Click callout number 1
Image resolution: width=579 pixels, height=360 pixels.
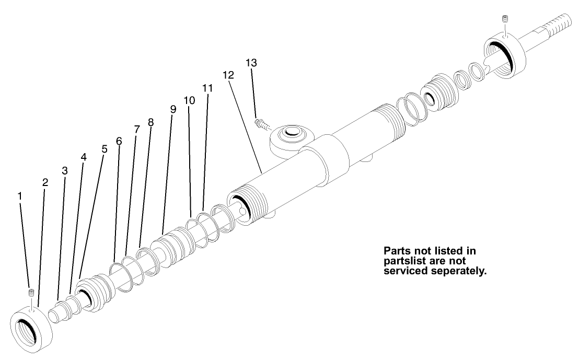(20, 196)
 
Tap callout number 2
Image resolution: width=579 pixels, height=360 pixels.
(45, 182)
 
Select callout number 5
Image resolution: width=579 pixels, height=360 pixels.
(104, 149)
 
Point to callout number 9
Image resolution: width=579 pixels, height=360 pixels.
(173, 109)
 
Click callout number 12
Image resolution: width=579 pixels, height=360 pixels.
(227, 75)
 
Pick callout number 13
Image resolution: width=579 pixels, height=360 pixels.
(251, 63)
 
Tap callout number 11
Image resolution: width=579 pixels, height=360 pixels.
(207, 88)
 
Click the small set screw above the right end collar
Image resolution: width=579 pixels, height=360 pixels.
(505, 19)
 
